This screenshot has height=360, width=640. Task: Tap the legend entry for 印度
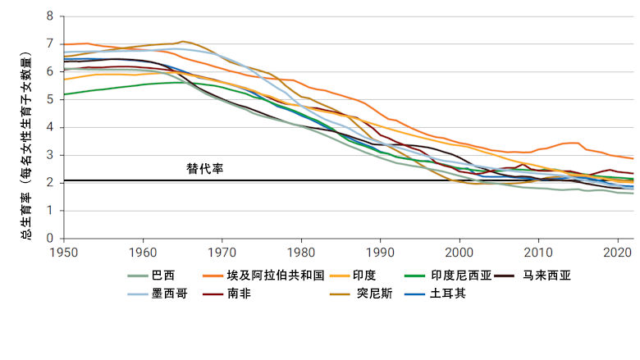click(x=363, y=276)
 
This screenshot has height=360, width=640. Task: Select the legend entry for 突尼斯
click(x=373, y=293)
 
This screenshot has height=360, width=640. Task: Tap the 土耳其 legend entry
click(x=449, y=293)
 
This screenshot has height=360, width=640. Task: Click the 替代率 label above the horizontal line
click(x=204, y=168)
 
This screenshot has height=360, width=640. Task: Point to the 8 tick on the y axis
click(x=51, y=16)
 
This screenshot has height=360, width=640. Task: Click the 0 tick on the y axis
click(x=51, y=238)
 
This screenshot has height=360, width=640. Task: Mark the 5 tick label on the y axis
click(x=51, y=99)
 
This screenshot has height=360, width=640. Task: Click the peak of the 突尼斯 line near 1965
click(x=182, y=40)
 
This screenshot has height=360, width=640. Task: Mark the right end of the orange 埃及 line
click(x=633, y=158)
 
